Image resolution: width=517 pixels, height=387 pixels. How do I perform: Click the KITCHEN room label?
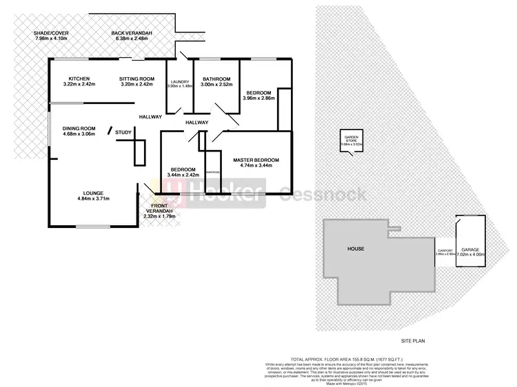(x=78, y=78)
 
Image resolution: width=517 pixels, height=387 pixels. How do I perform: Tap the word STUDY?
(x=123, y=132)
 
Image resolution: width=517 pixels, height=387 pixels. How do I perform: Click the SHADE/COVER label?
(x=51, y=32)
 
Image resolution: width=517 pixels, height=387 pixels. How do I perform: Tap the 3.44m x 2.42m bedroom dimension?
(x=183, y=175)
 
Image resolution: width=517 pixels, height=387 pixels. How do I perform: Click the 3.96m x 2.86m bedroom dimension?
(x=258, y=98)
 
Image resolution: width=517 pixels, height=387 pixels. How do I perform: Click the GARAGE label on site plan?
(x=471, y=249)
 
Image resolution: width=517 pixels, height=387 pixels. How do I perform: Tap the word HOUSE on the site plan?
(x=356, y=249)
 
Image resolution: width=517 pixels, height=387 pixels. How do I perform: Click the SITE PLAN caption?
(x=416, y=341)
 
